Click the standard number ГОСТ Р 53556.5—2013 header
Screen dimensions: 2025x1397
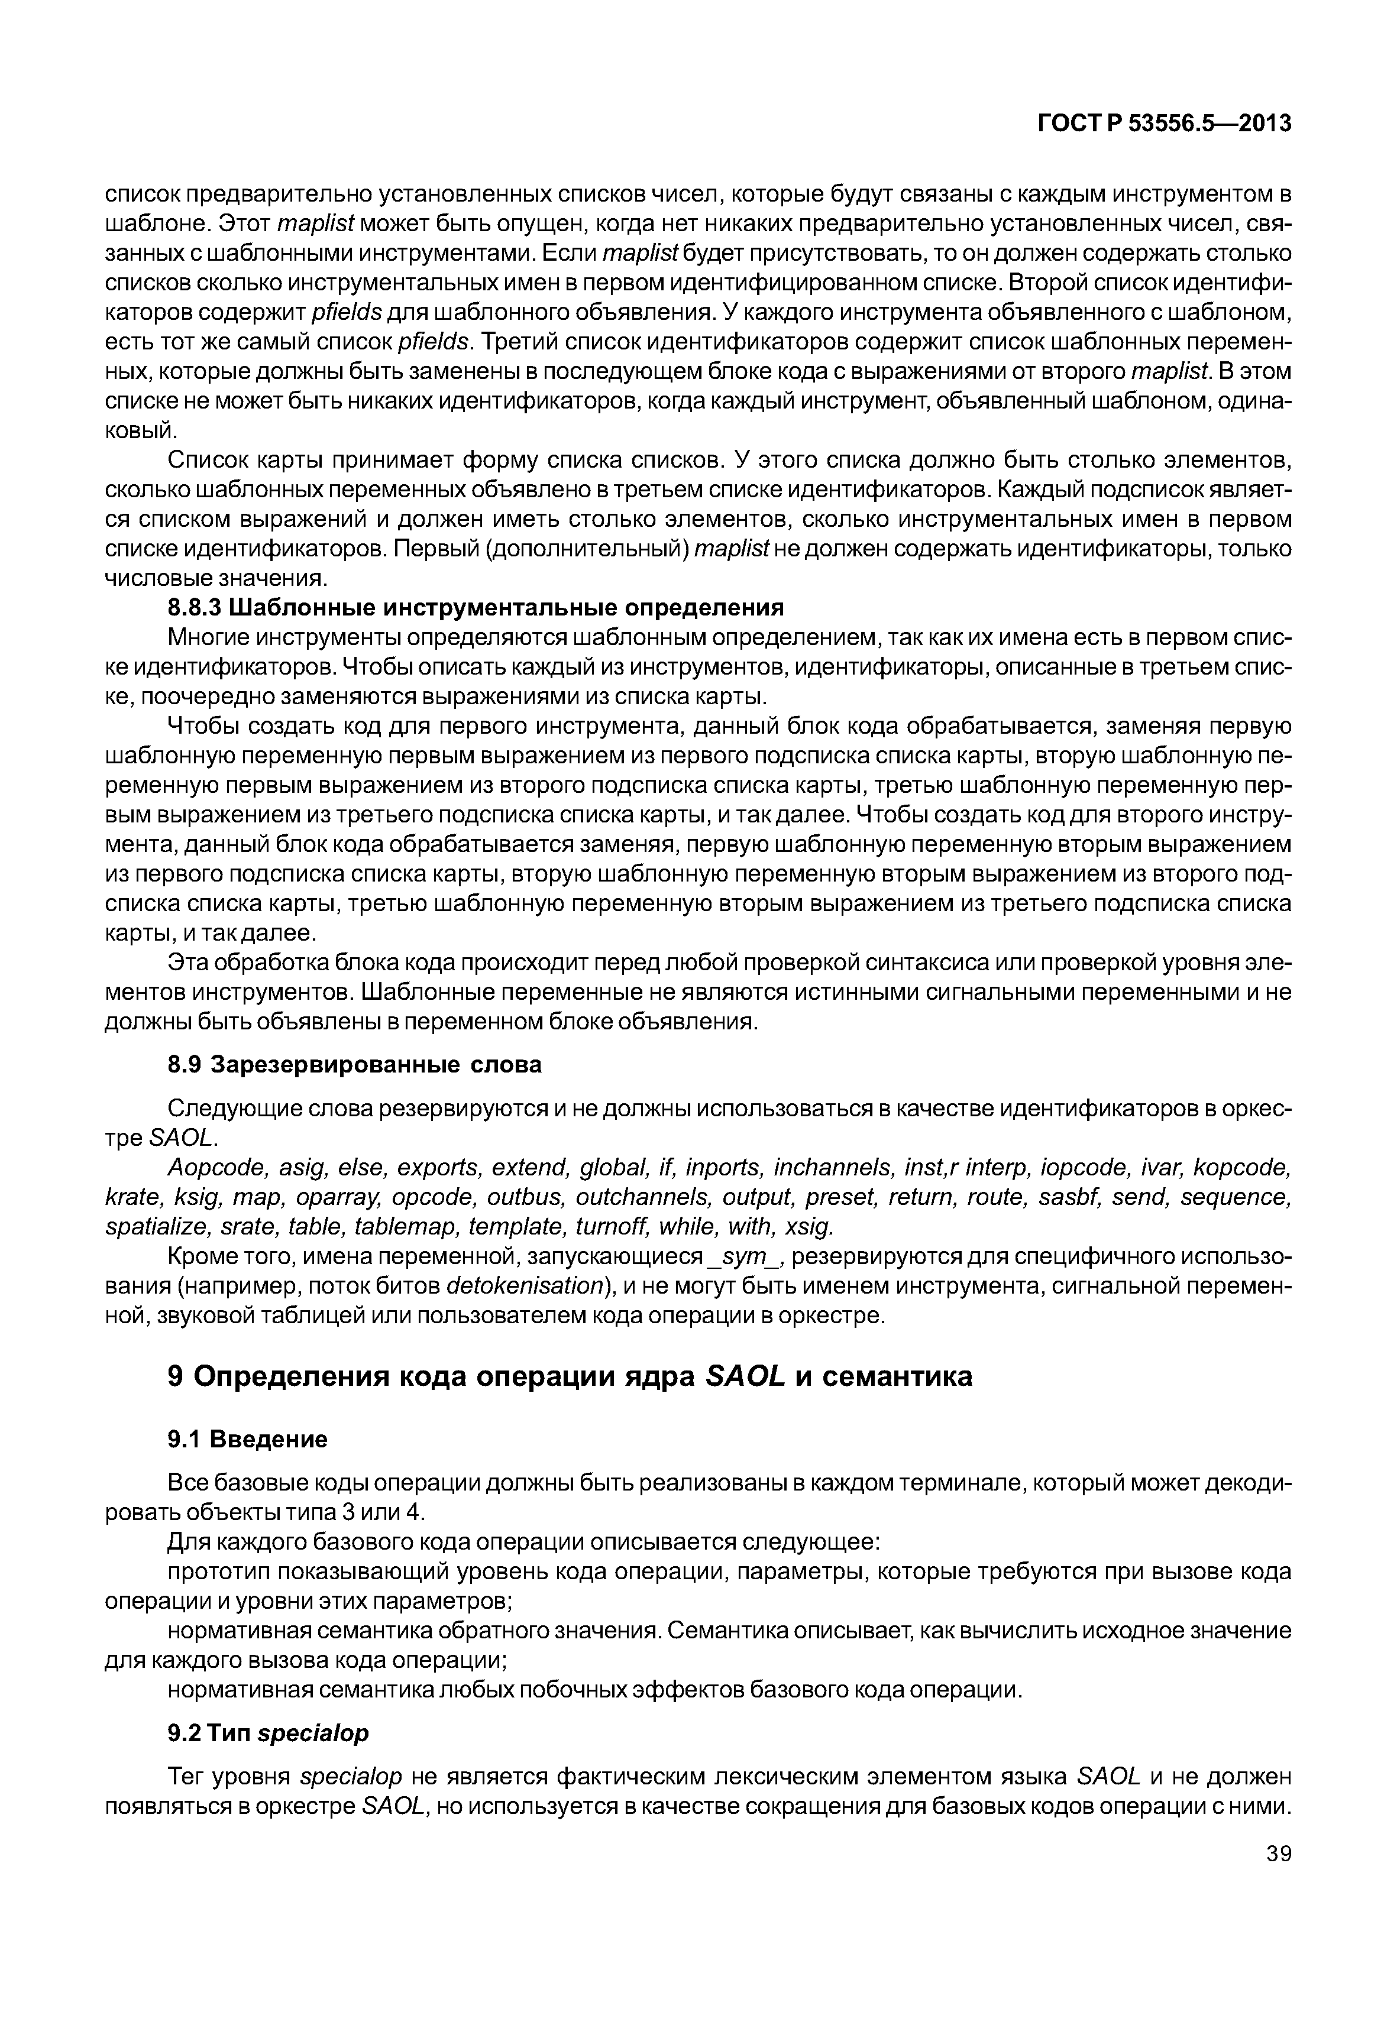tap(1164, 124)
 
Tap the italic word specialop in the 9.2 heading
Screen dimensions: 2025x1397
tap(314, 1734)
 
